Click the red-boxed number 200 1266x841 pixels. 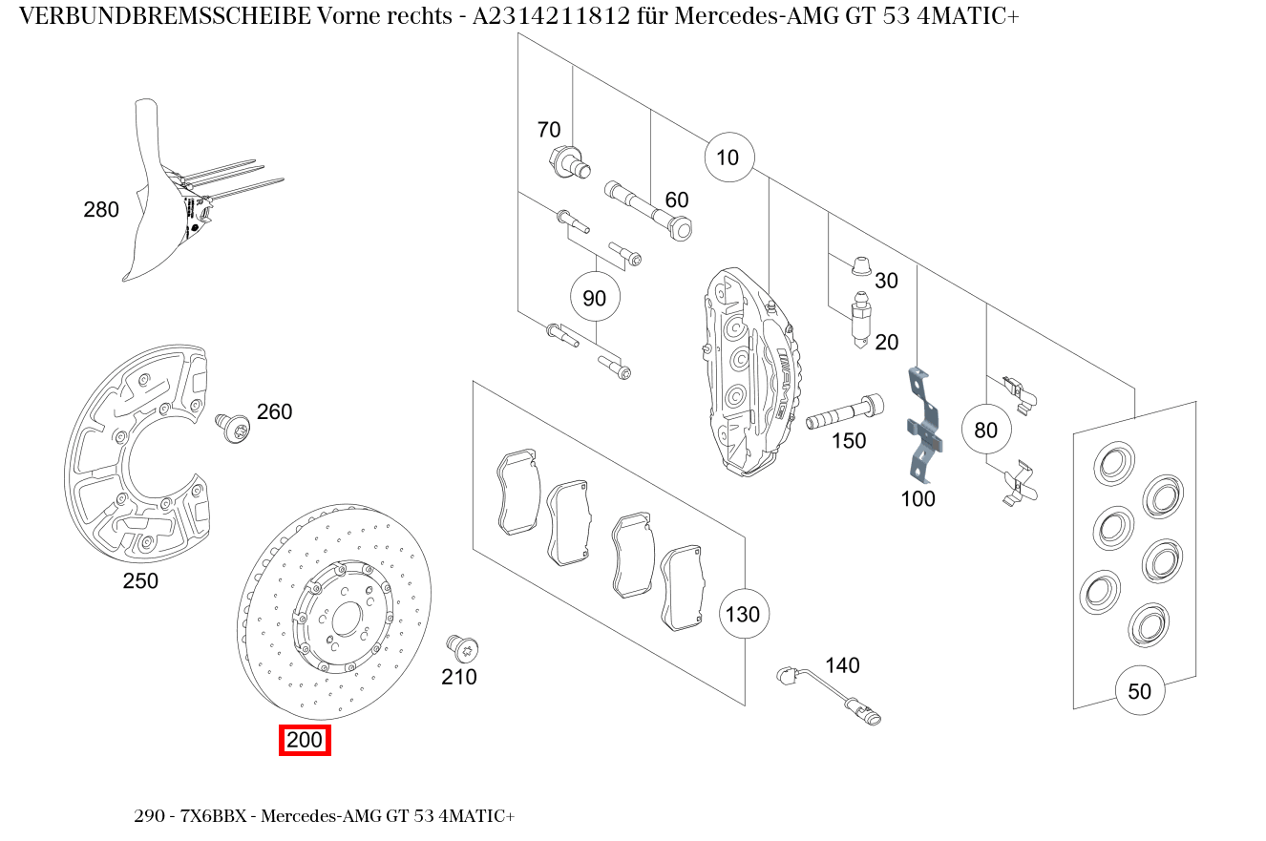pyautogui.click(x=305, y=740)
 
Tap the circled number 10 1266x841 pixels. pyautogui.click(x=728, y=158)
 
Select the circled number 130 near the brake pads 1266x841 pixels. pyautogui.click(x=743, y=614)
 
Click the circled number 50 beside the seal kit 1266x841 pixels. pyautogui.click(x=1140, y=691)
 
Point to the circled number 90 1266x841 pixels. pyautogui.click(x=594, y=299)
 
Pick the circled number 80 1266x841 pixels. pyautogui.click(x=985, y=430)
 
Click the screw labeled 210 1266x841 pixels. pyautogui.click(x=463, y=649)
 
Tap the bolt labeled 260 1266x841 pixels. pyautogui.click(x=232, y=427)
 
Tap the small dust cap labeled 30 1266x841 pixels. pyautogui.click(x=860, y=264)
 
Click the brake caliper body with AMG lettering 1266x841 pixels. pyautogui.click(x=754, y=368)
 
